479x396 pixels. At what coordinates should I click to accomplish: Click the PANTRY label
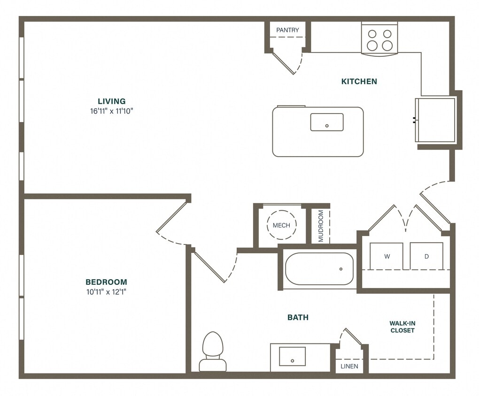click(287, 30)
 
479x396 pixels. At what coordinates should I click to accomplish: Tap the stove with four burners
click(379, 39)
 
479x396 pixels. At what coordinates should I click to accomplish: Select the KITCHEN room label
click(359, 81)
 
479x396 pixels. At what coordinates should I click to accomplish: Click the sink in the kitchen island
click(326, 122)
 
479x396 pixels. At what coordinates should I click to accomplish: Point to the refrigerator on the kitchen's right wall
click(435, 120)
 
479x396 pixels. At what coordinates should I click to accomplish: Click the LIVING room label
click(111, 101)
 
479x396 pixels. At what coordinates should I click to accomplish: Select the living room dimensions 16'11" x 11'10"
click(111, 111)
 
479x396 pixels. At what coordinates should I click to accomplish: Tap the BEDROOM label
click(106, 282)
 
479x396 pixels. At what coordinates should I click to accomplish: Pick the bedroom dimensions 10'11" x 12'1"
click(106, 292)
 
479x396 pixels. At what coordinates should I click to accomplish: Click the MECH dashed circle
click(281, 225)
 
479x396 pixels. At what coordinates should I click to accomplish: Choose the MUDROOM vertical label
click(321, 225)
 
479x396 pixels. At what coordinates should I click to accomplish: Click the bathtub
click(319, 269)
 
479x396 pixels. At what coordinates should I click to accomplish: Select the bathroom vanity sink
click(292, 356)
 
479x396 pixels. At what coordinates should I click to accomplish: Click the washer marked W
click(386, 256)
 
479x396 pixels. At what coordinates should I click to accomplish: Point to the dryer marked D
click(426, 256)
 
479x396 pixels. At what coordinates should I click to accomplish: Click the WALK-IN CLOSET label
click(402, 327)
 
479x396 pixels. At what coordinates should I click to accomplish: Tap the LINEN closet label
click(349, 366)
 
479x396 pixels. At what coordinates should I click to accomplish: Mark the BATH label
click(298, 318)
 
